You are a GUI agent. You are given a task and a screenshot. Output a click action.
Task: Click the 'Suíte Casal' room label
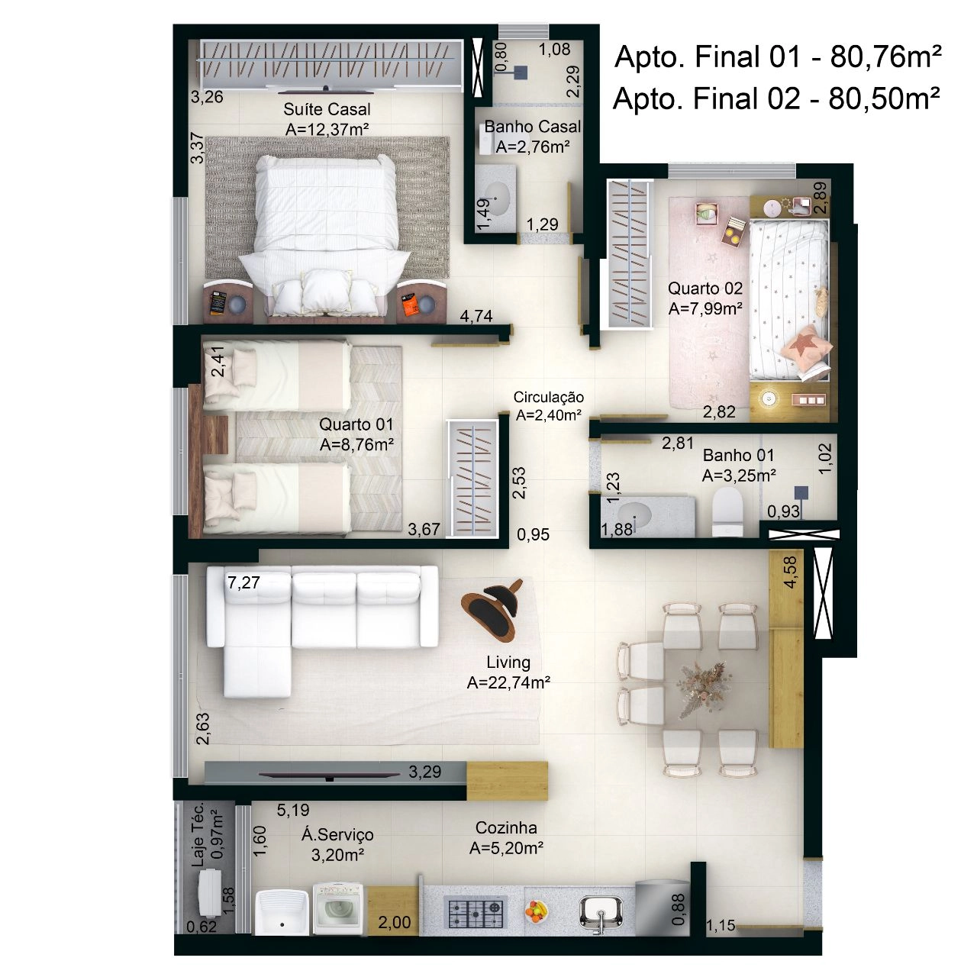327,109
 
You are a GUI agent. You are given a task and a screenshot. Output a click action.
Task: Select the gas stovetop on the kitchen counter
475,912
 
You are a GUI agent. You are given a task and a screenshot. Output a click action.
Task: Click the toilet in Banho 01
727,511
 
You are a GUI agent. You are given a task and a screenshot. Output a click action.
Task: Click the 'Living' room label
508,663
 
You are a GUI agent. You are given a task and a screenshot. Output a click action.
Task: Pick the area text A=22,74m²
508,683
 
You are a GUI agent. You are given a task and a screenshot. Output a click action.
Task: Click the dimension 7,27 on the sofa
243,582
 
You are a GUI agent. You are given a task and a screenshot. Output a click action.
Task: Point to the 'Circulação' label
548,397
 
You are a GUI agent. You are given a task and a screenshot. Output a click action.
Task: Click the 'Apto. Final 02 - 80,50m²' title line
776,98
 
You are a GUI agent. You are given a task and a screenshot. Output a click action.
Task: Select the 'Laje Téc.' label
198,834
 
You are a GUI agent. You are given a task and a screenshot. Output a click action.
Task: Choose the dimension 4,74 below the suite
476,316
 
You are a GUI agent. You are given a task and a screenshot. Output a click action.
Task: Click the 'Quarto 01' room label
356,424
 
